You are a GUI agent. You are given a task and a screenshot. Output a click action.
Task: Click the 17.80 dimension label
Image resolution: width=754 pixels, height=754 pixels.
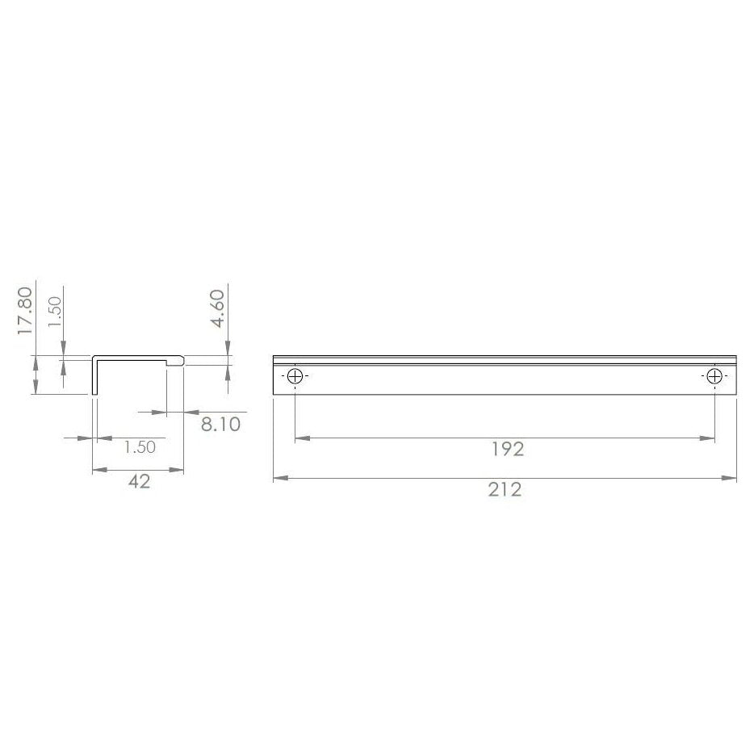tap(26, 309)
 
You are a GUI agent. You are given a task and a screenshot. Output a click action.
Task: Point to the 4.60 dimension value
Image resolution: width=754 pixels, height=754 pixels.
tap(217, 309)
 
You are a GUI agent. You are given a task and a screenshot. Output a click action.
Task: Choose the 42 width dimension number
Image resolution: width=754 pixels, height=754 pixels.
tap(139, 482)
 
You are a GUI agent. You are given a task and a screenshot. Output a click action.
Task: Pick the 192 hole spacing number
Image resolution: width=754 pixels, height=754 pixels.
tap(506, 450)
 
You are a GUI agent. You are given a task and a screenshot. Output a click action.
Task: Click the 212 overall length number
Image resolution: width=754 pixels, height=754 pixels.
tap(505, 490)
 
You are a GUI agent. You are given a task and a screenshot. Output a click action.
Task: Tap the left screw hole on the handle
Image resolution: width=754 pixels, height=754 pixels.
tap(295, 376)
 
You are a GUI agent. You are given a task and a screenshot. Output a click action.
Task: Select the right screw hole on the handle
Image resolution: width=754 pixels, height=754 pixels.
tap(714, 376)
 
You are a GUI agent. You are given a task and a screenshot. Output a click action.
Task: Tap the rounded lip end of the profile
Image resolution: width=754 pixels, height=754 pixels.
tap(182, 361)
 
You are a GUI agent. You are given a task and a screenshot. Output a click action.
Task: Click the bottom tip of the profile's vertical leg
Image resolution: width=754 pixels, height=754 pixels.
tap(94, 393)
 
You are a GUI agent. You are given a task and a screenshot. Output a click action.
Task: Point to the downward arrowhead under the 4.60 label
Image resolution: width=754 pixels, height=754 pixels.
tap(228, 350)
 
